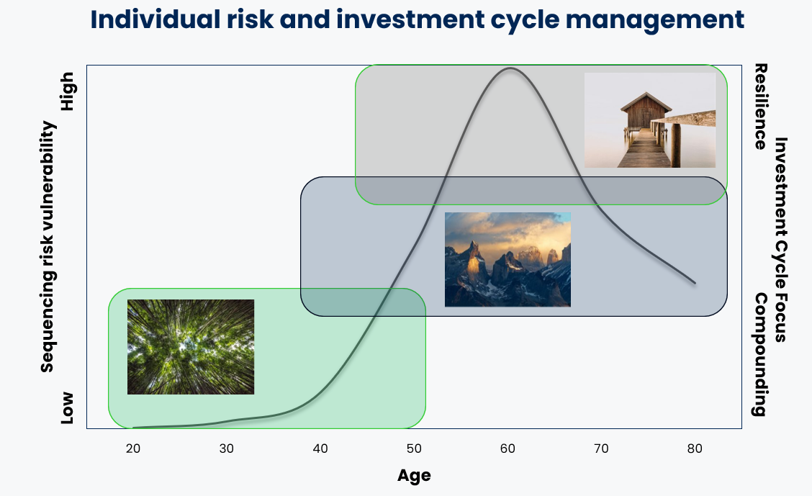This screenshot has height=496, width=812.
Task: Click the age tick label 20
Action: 133,449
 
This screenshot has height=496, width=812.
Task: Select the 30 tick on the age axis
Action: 226,449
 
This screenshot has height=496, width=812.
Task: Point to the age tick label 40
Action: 320,449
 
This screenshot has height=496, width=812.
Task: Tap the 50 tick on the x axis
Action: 414,449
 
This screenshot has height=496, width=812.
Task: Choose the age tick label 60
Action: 507,449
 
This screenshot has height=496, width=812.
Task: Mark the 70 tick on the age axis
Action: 601,449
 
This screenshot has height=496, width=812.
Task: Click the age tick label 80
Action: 695,449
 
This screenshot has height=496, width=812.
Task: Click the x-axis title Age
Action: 414,476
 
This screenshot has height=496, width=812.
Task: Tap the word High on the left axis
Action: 68,91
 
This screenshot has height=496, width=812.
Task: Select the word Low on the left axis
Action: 68,408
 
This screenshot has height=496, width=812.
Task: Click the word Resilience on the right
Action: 760,107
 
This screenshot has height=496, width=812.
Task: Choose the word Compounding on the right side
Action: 760,355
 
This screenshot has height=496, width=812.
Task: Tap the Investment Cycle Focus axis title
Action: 781,240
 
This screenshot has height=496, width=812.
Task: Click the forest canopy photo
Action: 191,347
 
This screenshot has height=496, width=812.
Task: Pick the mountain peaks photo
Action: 507,259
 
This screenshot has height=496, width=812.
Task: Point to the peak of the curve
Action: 510,68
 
